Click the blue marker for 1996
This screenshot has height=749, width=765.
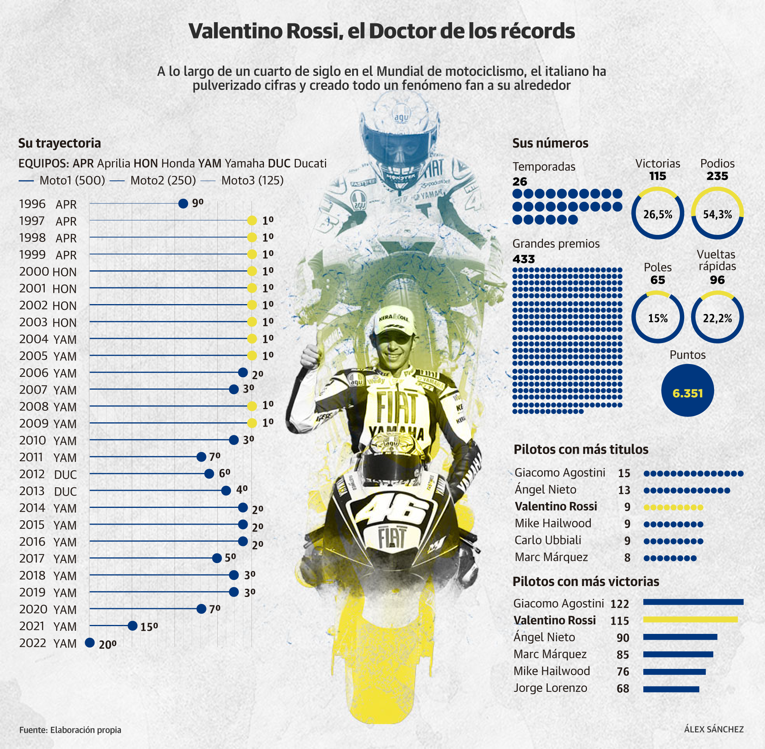coord(183,203)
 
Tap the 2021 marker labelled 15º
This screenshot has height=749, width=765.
coord(133,625)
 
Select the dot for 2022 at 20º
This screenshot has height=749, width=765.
coord(90,642)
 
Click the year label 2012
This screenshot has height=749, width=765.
coord(32,474)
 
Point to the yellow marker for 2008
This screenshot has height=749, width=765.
coord(252,406)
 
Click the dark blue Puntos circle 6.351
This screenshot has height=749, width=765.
coord(687,390)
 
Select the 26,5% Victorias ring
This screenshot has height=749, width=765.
coord(657,213)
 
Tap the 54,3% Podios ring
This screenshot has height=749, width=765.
coord(717,213)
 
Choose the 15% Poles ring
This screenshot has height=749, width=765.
coord(657,317)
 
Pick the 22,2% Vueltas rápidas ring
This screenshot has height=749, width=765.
coord(717,317)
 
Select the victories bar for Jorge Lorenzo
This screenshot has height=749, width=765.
coord(671,689)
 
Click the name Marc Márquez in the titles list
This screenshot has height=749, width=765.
coord(551,557)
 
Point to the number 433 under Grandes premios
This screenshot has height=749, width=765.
coord(524,259)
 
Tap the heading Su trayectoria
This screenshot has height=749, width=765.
coord(59,143)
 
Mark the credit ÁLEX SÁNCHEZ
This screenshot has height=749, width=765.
coord(714,729)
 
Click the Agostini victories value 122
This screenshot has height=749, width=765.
coord(620,604)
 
